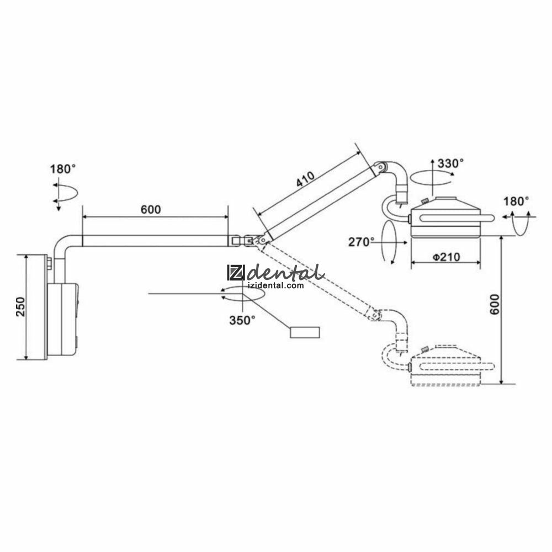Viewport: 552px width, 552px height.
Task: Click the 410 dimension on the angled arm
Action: (305, 179)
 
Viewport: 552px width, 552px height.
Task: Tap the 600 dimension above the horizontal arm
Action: (151, 210)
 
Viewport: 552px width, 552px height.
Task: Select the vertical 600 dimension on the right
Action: (495, 305)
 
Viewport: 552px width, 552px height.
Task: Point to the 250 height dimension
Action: (21, 306)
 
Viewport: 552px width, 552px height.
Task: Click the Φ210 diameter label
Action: (446, 257)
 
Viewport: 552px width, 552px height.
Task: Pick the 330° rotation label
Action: (450, 163)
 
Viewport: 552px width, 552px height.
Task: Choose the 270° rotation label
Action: (362, 242)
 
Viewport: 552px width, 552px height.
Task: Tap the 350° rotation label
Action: (242, 320)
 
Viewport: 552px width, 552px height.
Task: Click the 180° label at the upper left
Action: (63, 169)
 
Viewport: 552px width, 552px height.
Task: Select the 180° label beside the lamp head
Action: (516, 201)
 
